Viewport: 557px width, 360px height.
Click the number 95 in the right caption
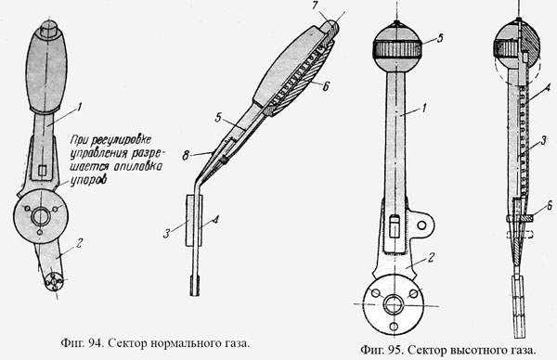(x=395, y=351)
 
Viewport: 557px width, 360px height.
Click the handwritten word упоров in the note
(x=89, y=180)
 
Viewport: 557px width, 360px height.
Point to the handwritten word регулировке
(x=121, y=141)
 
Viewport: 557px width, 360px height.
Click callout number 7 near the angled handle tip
(x=316, y=6)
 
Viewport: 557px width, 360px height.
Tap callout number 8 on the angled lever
(x=186, y=156)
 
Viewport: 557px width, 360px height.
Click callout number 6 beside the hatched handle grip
(x=326, y=85)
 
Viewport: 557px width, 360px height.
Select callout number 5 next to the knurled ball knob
(x=440, y=38)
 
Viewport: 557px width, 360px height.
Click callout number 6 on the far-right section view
(x=550, y=205)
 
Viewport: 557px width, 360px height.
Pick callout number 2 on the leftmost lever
(x=80, y=243)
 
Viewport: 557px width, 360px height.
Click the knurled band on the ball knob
(x=396, y=49)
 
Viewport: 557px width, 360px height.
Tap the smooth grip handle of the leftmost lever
(x=46, y=70)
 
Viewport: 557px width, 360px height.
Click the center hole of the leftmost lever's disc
(x=41, y=216)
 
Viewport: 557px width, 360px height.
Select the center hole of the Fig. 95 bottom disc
(x=394, y=305)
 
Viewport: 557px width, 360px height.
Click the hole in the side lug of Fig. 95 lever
(x=421, y=225)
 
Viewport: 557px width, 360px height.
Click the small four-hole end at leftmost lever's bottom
(x=55, y=281)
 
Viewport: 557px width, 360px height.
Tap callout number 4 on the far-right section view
(x=548, y=87)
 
